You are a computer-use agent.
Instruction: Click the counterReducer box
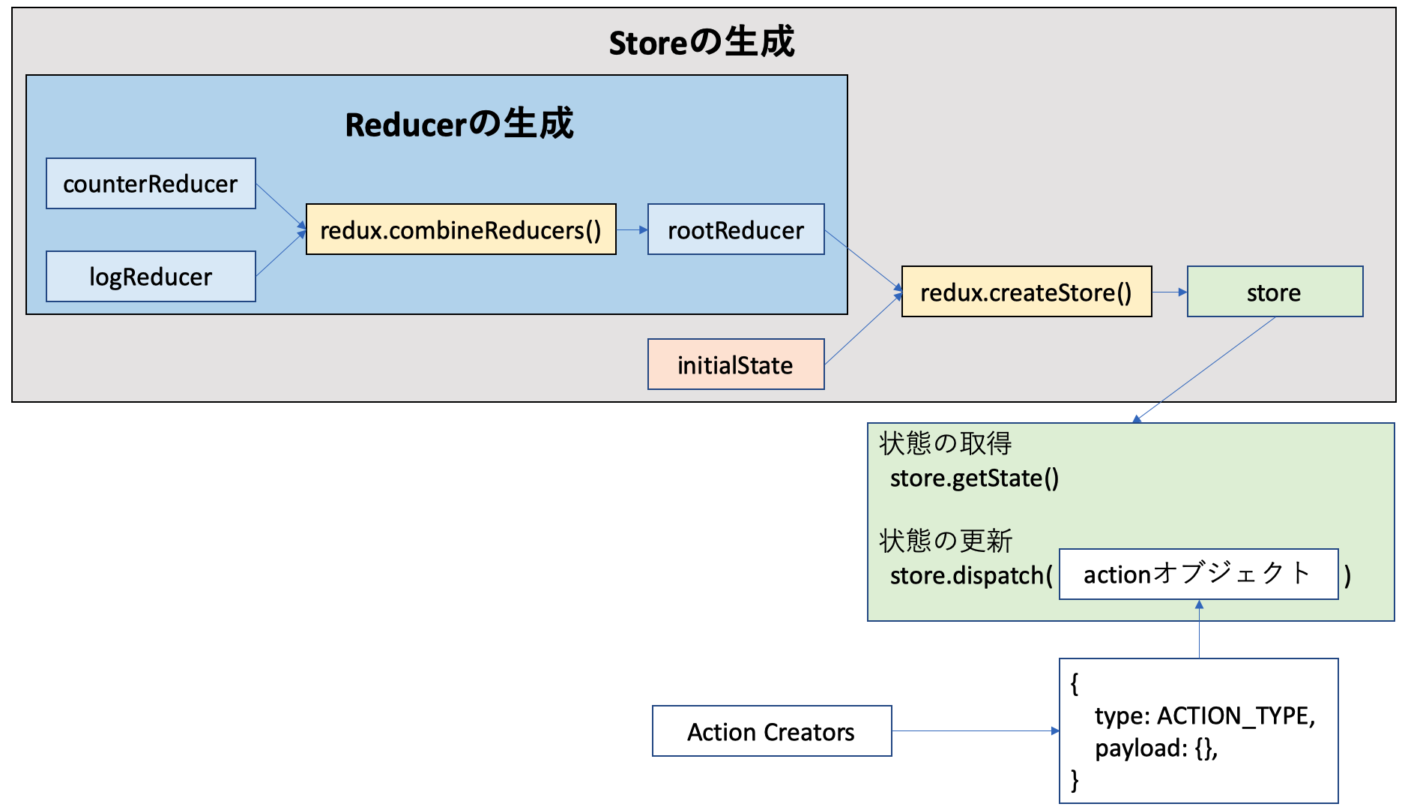[151, 184]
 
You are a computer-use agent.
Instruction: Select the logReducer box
[151, 277]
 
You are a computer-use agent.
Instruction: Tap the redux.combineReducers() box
[461, 229]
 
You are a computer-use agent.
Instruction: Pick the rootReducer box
[736, 229]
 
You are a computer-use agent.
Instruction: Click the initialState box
[736, 364]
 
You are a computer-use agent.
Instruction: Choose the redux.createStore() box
[1026, 292]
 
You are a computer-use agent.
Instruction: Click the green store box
[1275, 292]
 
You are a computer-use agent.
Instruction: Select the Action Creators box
[772, 731]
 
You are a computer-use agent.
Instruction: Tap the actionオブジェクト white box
[1198, 574]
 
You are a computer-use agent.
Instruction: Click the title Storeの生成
[701, 42]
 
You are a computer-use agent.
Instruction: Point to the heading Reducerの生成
[459, 124]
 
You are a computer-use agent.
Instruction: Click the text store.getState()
[974, 478]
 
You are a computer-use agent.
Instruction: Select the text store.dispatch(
[971, 576]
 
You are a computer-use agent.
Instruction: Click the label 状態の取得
[946, 443]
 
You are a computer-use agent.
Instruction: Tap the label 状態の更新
[946, 541]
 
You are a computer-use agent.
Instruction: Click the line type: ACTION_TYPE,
[1204, 716]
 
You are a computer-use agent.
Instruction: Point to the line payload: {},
[1156, 748]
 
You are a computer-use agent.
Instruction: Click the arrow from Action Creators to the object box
[974, 730]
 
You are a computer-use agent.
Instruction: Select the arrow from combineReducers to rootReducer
[632, 229]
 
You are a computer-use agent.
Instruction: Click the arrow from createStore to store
[1169, 292]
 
